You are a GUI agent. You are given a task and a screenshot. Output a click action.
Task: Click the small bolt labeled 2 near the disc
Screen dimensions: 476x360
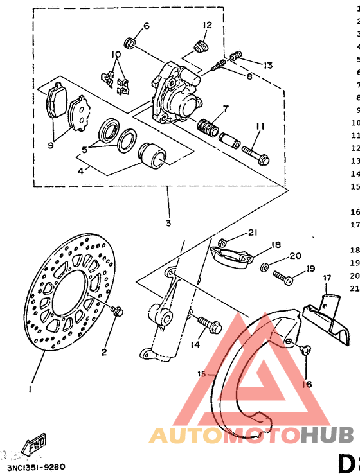pos(117,311)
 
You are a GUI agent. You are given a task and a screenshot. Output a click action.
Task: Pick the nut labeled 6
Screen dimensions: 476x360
pos(130,44)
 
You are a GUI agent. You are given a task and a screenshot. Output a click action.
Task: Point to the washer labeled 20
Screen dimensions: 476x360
pos(265,265)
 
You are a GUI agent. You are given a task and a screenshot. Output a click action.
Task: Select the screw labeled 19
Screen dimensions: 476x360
pos(283,278)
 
